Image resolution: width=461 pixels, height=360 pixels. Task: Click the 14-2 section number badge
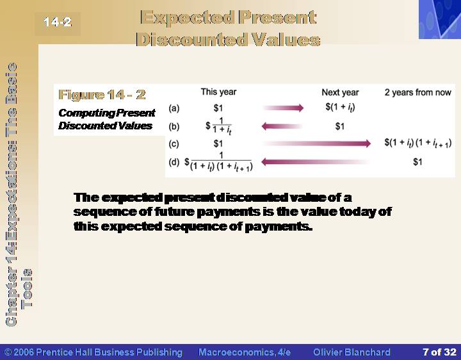tap(58, 22)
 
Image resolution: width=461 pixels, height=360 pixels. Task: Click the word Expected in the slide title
tap(187, 18)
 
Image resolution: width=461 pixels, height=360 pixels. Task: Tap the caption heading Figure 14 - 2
tap(102, 94)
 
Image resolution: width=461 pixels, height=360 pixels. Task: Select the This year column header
tap(218, 92)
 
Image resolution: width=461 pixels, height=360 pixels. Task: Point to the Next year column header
tap(340, 92)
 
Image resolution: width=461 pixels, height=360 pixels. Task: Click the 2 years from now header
tap(417, 92)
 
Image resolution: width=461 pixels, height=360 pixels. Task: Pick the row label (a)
tap(174, 108)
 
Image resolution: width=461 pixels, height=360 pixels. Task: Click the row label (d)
tap(174, 162)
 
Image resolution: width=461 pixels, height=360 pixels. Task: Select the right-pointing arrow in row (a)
tap(283, 108)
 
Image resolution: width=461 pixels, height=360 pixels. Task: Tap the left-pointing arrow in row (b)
tap(282, 126)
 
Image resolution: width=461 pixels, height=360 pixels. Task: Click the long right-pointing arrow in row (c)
tap(316, 143)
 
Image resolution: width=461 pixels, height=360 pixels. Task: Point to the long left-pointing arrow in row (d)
tap(315, 162)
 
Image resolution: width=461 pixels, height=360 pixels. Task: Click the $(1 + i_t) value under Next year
tap(340, 108)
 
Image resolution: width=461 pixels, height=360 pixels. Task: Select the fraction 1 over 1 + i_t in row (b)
tap(219, 126)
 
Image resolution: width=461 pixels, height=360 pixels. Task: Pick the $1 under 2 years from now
tap(417, 162)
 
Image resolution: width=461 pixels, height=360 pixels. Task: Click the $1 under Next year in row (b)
tap(340, 126)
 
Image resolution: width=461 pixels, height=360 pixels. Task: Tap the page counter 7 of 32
tap(439, 352)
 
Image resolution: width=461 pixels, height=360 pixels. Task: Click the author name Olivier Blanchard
tap(352, 352)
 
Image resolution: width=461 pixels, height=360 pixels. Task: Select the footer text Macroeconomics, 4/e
tap(245, 352)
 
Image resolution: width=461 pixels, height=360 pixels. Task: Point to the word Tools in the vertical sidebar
tap(27, 288)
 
